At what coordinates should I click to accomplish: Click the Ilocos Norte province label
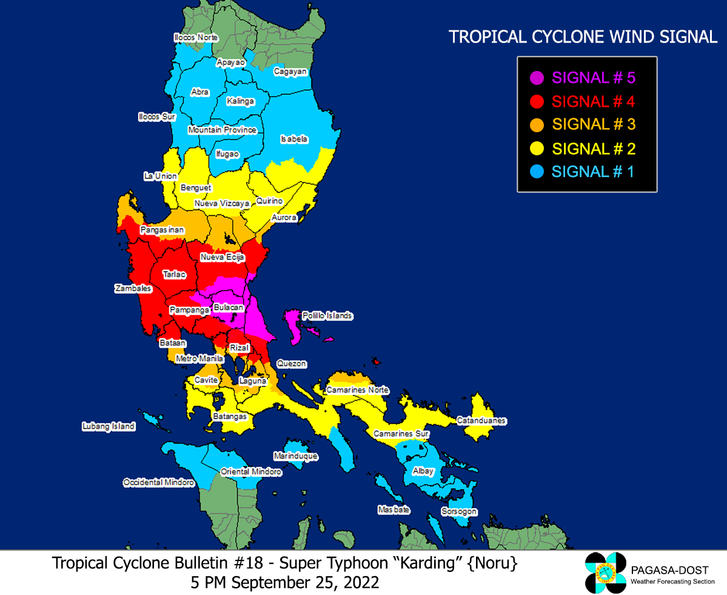click(x=195, y=38)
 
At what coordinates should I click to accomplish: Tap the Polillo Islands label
click(x=327, y=316)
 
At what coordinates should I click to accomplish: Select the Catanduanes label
click(x=481, y=420)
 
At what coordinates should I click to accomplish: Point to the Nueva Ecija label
click(x=222, y=258)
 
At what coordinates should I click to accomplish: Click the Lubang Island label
click(x=109, y=426)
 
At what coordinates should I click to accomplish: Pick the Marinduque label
click(x=295, y=455)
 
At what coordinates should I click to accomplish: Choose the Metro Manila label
click(x=199, y=359)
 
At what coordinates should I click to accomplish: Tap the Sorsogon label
click(x=459, y=512)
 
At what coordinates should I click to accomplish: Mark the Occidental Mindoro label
click(x=159, y=482)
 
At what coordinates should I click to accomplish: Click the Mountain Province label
click(x=223, y=130)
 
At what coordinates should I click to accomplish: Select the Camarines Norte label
click(x=358, y=390)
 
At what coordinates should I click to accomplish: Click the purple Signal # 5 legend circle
click(x=536, y=78)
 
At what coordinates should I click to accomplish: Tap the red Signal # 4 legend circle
click(x=536, y=101)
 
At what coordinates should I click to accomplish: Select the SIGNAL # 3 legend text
click(x=594, y=124)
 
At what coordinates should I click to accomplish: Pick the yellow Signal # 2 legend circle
click(x=536, y=149)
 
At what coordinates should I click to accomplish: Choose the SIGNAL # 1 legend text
click(x=592, y=172)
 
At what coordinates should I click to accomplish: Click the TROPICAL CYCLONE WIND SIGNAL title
click(x=583, y=37)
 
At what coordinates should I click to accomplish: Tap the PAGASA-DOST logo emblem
click(x=605, y=573)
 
